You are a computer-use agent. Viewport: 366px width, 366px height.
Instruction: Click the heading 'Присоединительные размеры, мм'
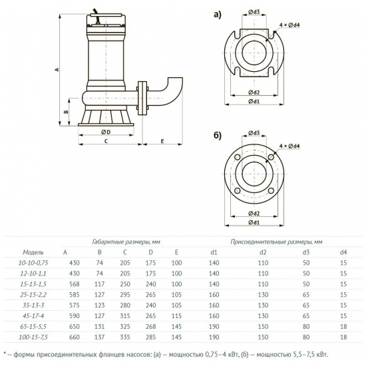[276, 242]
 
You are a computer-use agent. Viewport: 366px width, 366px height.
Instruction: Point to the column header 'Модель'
[33, 253]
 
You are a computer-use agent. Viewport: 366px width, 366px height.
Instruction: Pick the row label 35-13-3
[33, 305]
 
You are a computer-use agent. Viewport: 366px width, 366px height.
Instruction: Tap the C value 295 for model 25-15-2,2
[124, 295]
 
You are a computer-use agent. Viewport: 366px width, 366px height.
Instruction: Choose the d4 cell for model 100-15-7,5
[343, 337]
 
